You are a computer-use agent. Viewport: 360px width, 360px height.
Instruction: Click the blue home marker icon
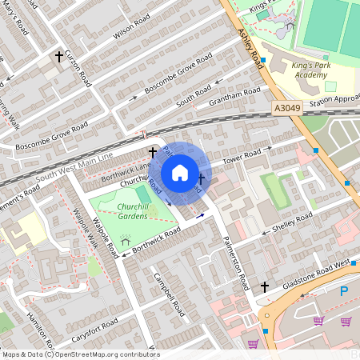(x=180, y=173)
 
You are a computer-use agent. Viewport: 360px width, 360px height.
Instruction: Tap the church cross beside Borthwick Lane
(x=152, y=150)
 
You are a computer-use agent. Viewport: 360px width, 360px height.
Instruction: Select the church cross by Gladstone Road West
(x=265, y=286)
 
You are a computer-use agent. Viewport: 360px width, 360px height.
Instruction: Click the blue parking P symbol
(x=344, y=292)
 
